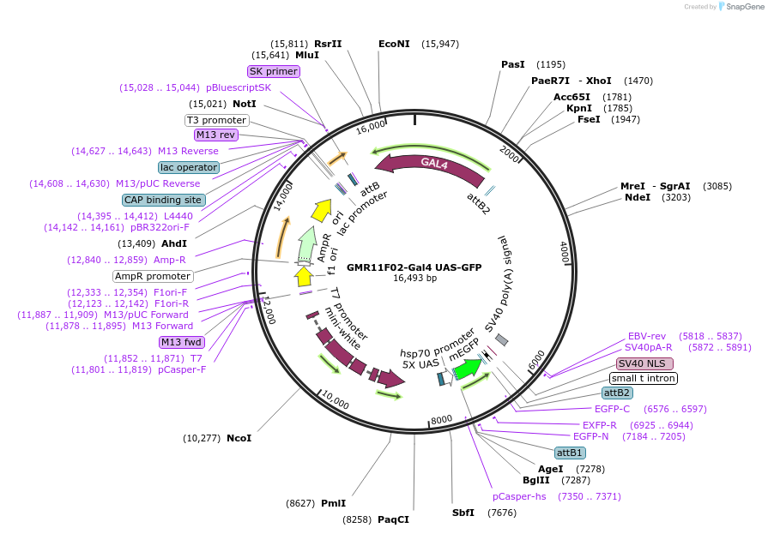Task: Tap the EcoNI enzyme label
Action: (x=394, y=44)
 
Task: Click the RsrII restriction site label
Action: (x=328, y=44)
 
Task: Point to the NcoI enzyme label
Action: (x=239, y=438)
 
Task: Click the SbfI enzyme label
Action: (x=463, y=513)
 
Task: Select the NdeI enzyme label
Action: (x=638, y=197)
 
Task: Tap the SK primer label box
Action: (x=273, y=71)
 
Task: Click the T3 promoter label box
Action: (x=217, y=120)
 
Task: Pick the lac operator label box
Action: (x=189, y=167)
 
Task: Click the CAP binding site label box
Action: (x=163, y=200)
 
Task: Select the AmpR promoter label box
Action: (x=153, y=276)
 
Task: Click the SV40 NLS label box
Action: (x=645, y=363)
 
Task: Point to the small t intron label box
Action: (x=644, y=378)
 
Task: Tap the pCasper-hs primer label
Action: (x=519, y=496)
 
